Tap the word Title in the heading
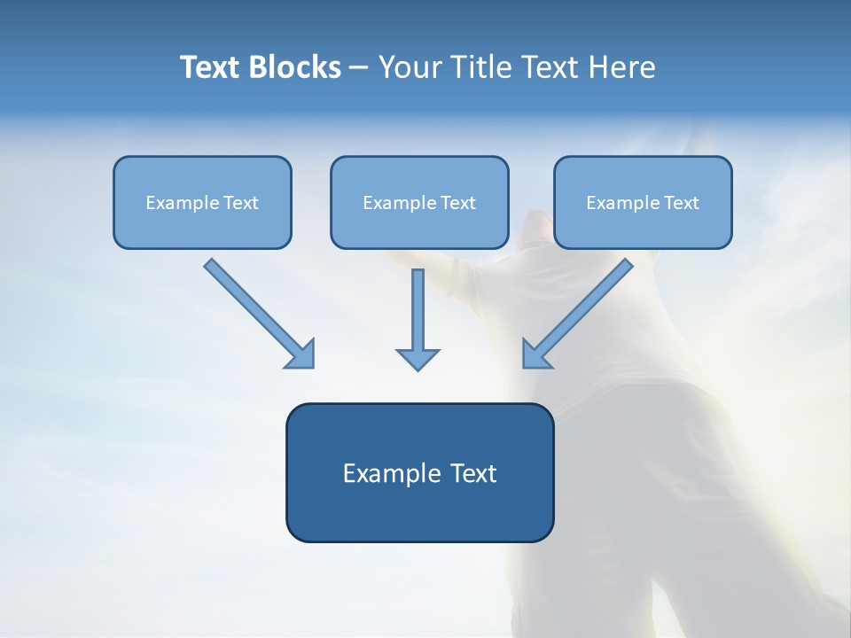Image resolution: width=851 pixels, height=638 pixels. tap(475, 67)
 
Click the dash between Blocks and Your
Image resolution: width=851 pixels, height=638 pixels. tap(359, 68)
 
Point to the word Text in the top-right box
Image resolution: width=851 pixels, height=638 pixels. tap(682, 203)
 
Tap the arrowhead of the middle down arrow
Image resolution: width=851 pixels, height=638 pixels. tap(418, 359)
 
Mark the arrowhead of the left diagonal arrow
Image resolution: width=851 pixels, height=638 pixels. tap(301, 354)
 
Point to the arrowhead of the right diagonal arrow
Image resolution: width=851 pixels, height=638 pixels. tap(535, 354)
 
